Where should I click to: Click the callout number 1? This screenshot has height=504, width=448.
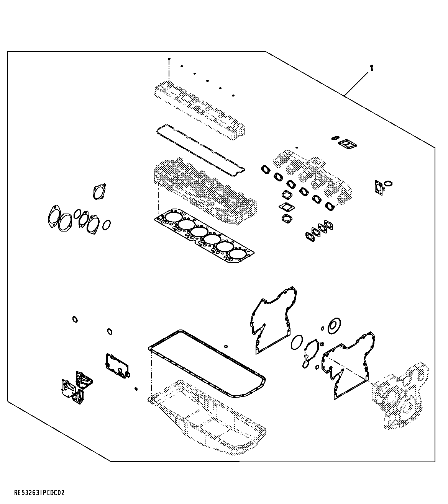tap(371, 68)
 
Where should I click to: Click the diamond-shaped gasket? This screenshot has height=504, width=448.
tap(287, 207)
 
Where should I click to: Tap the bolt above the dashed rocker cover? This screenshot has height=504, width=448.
tap(169, 60)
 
